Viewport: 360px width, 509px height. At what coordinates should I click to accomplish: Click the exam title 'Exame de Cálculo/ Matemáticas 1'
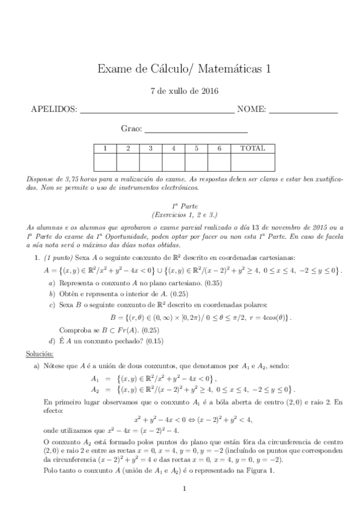pos(183,70)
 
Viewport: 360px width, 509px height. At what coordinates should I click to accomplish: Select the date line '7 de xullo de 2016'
pos(183,92)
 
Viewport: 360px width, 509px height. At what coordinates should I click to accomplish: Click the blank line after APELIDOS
pos(148,112)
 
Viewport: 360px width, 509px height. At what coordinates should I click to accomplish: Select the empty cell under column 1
pos(105,163)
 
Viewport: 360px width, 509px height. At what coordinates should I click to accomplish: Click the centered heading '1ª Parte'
pos(184,205)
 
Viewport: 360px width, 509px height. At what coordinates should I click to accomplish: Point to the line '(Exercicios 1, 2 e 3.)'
pos(184,214)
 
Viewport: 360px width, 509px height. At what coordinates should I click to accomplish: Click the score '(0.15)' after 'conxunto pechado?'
pos(164,342)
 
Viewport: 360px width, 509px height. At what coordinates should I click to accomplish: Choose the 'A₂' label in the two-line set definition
pos(94,389)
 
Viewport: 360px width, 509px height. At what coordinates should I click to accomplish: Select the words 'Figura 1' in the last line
pos(258,471)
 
